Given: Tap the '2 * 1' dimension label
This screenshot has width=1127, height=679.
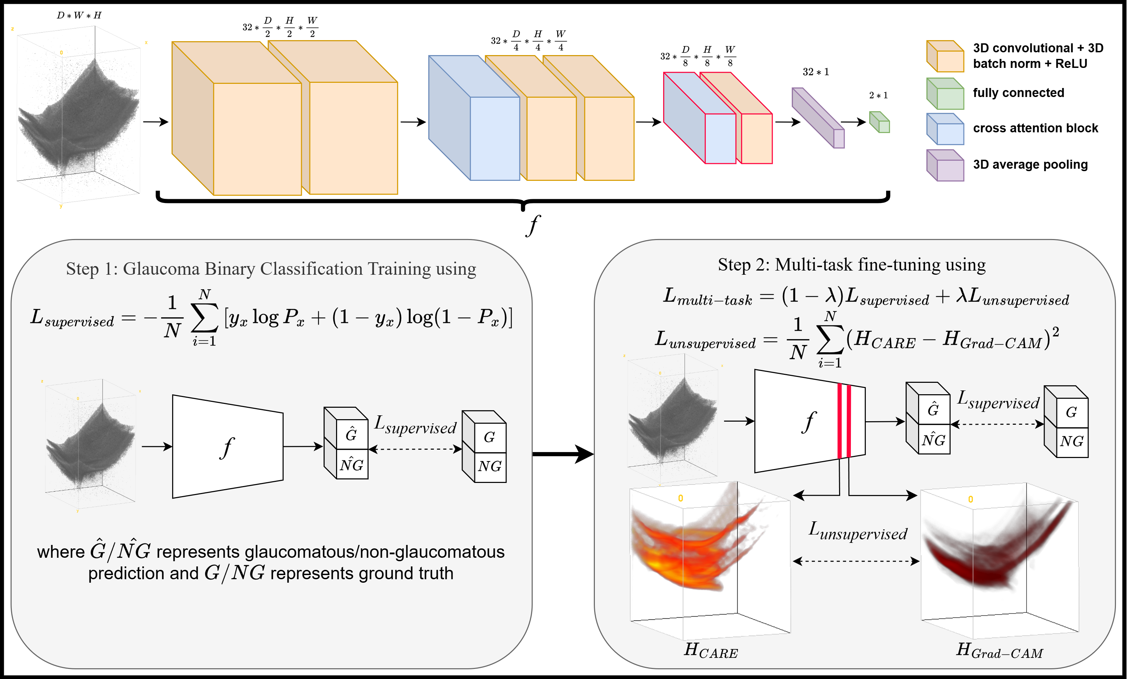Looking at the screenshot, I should pos(878,95).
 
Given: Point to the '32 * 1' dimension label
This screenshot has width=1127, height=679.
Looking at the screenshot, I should pos(816,72).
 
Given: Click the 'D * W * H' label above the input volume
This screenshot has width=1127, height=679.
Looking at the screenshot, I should pos(79,16).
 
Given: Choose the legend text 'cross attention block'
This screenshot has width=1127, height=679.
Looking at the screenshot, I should pos(1035,128).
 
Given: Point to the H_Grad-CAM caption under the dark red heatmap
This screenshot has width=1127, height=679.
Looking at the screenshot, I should pos(1000,650).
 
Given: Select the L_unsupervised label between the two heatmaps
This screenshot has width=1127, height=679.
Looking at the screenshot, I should pos(857,531).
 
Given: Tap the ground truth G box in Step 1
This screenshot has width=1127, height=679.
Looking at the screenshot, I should pos(490,436).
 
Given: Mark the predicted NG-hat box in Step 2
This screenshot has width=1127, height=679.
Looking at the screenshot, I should pos(934,440).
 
